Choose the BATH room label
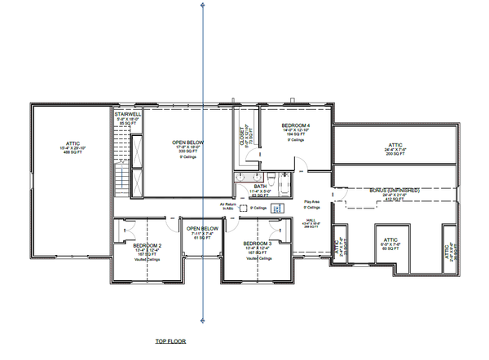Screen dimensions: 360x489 [x=259, y=187]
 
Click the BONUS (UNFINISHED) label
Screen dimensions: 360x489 [x=394, y=189]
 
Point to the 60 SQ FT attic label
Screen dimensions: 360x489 [x=394, y=247]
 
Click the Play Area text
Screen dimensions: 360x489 [x=311, y=201]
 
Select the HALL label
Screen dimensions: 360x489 [x=311, y=218]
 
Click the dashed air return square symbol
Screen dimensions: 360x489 [x=243, y=209]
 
